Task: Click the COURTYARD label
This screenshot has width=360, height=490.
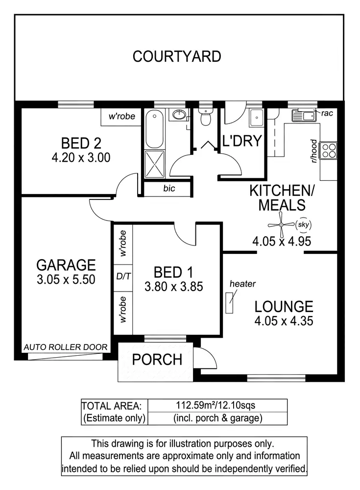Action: [x=177, y=56]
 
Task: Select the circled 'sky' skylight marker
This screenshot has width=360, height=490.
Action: [x=304, y=224]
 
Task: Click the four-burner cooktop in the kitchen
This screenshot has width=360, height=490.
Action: [x=328, y=150]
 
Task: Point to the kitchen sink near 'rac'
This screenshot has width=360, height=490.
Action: [x=304, y=116]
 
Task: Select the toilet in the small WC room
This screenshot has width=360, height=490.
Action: [x=205, y=117]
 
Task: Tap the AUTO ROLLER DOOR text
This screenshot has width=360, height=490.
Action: [x=65, y=347]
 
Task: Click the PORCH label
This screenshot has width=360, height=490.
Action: [x=157, y=360]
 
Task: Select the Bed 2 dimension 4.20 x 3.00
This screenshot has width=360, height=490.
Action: [x=81, y=157]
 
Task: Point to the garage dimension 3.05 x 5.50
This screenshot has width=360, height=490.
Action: [x=66, y=279]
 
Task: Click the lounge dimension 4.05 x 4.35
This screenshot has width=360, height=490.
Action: [x=284, y=321]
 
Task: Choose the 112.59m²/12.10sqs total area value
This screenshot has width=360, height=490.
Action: [x=216, y=405]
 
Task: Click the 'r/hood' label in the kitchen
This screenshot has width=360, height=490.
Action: [x=313, y=150]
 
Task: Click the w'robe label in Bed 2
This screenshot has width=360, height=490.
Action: [x=121, y=117]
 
